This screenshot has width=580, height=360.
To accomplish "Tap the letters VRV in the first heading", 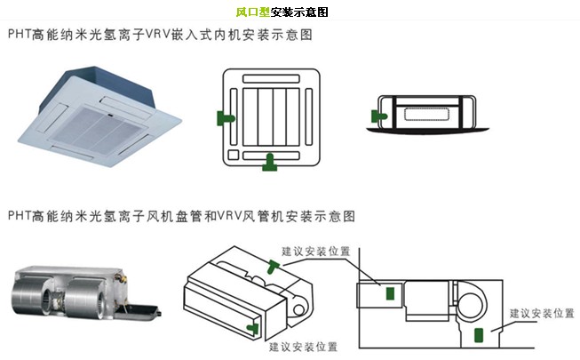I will pos(171,36).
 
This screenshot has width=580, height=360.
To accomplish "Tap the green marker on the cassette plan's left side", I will pos(226,117).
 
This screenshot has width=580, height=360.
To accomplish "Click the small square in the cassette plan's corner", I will pos(233,156).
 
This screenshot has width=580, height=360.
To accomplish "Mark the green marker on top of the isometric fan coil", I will pos(272,264).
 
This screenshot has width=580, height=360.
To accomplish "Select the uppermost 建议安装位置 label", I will pos(315,252).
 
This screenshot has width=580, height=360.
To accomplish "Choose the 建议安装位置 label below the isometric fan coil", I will pos(303,347).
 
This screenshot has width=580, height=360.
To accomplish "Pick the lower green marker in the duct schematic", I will pos(480,335).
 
